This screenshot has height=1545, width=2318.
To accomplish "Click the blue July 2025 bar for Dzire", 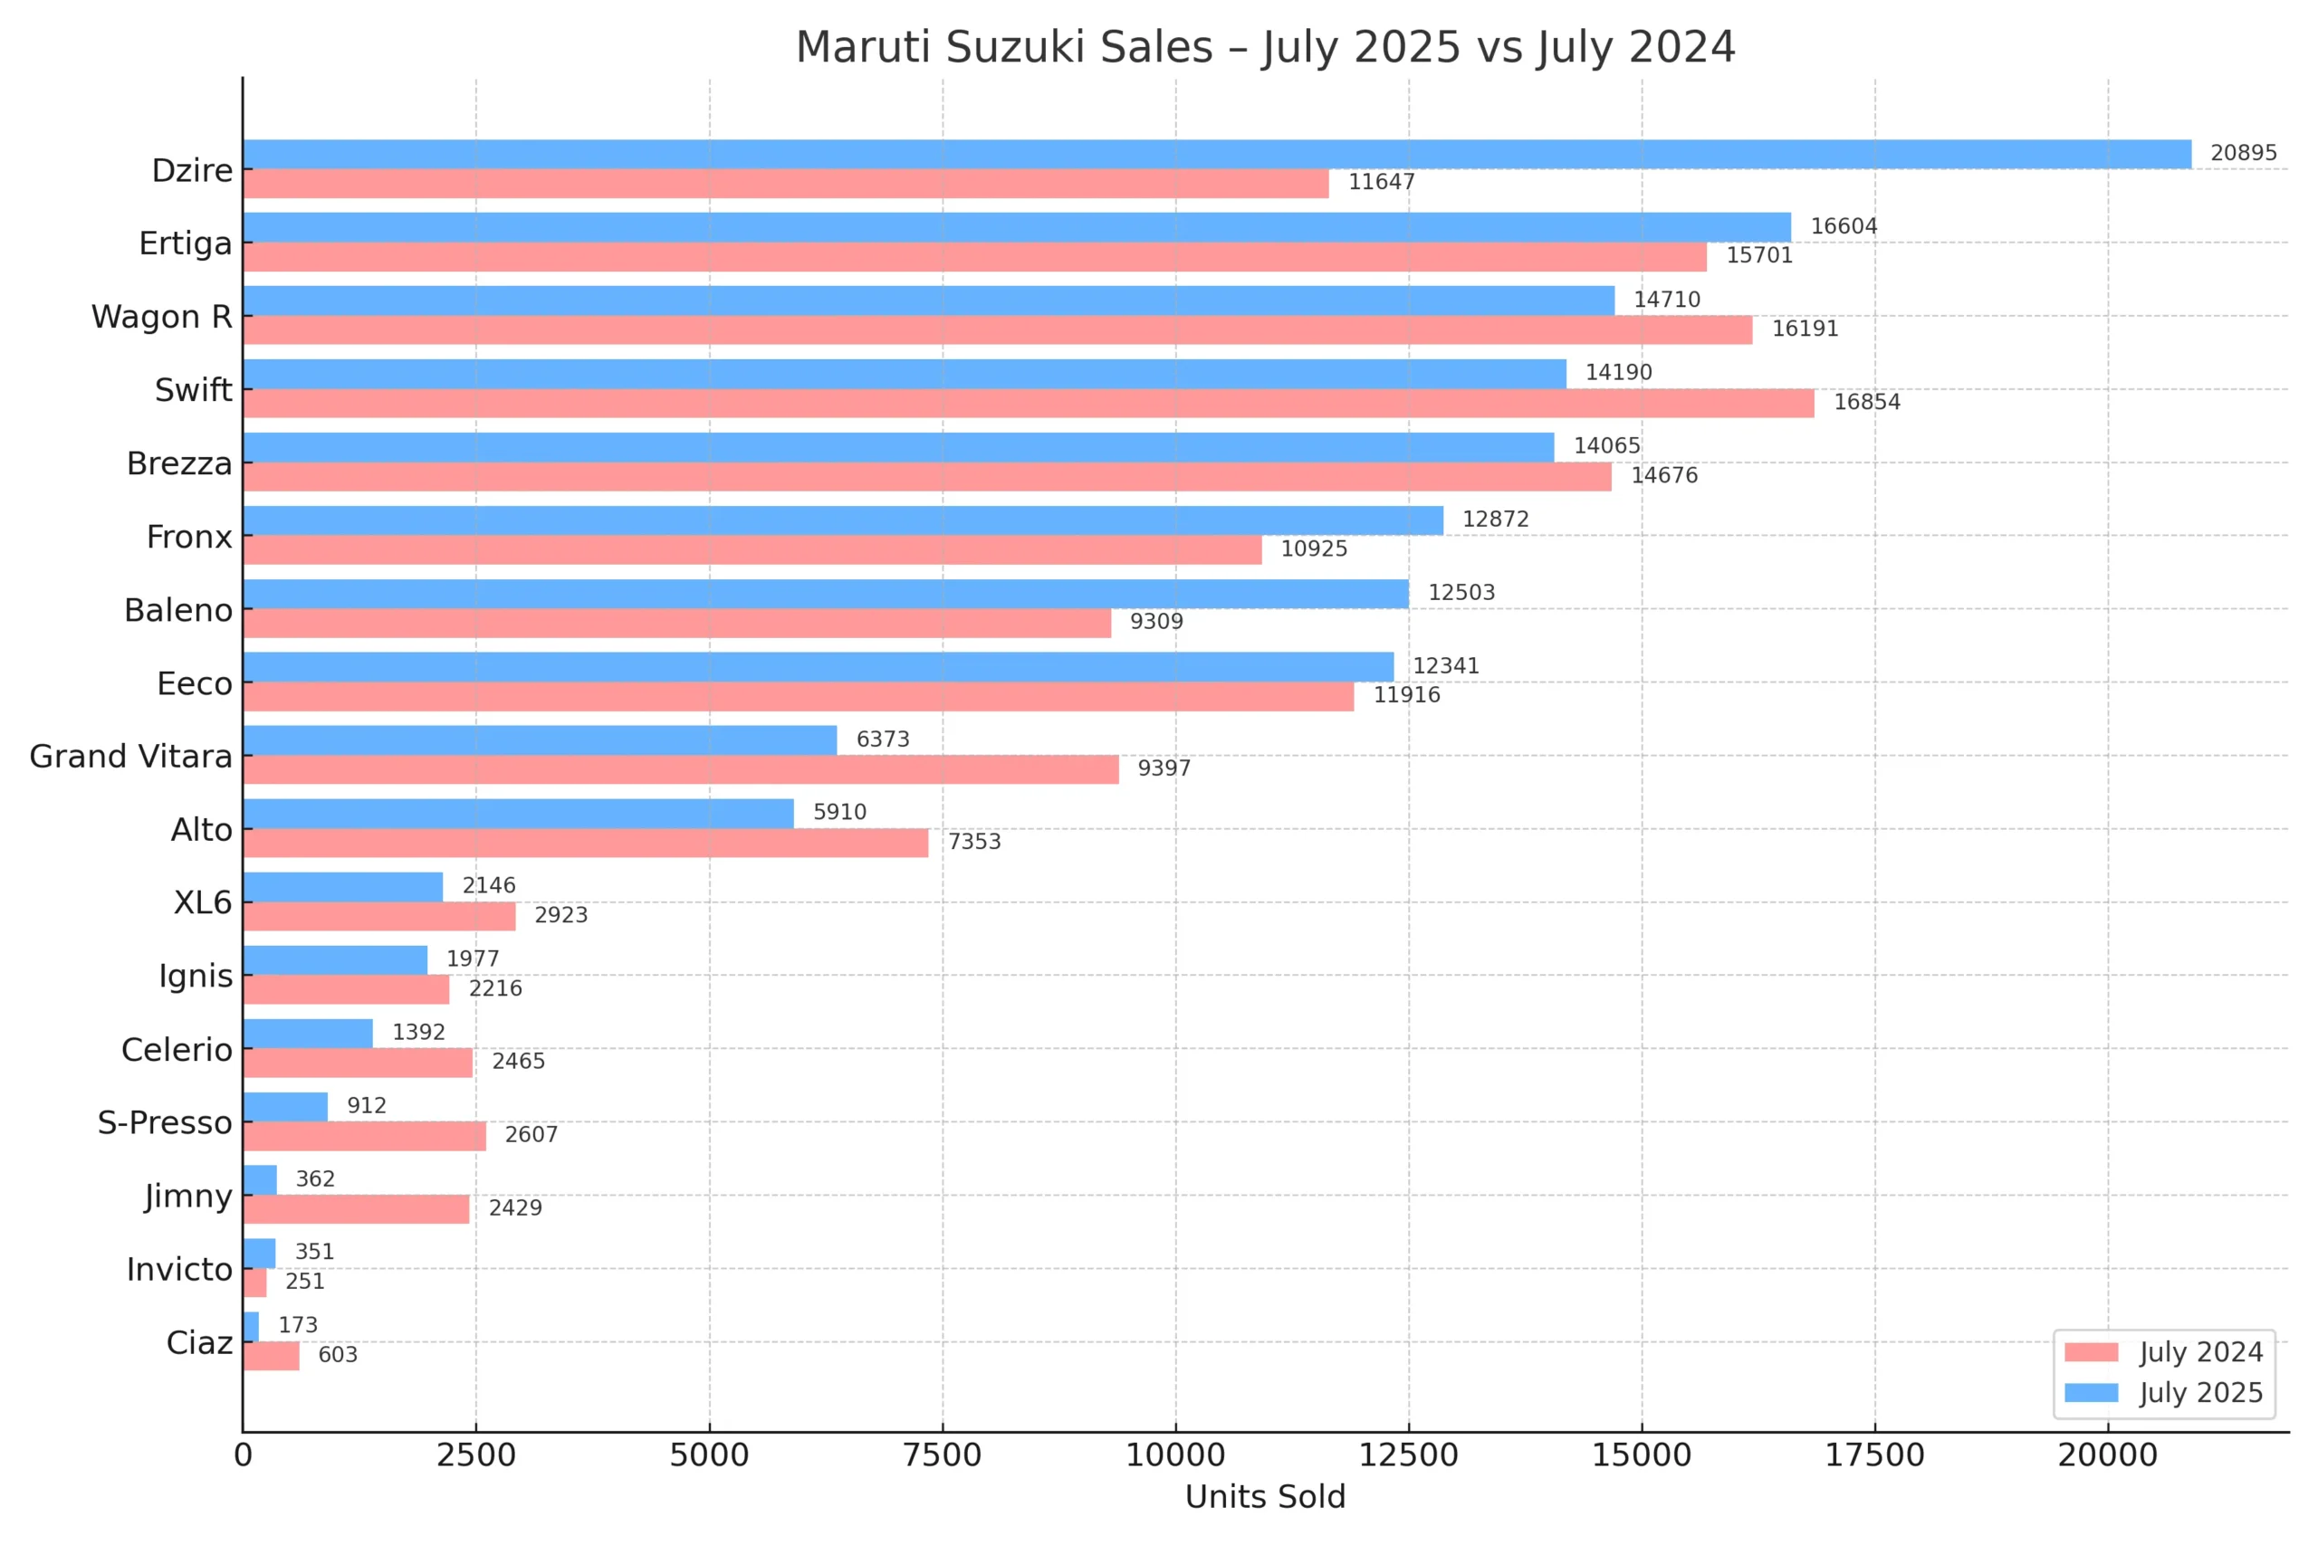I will point(1217,154).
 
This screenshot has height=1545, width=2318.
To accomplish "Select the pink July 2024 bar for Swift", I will point(1028,403).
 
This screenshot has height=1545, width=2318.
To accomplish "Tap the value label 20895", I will point(2243,154).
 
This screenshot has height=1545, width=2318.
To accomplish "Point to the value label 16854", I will point(1866,402).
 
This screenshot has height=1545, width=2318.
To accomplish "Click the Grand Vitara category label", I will point(131,756).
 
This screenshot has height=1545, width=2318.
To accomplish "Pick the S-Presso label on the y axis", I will point(165,1122).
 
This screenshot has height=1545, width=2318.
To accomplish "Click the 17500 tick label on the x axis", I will point(1874,1455).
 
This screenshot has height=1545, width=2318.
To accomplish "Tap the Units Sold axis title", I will point(1264,1497).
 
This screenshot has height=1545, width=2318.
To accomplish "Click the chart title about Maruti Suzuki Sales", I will point(1264,47).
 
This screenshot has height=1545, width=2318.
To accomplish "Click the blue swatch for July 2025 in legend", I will point(2092,1392).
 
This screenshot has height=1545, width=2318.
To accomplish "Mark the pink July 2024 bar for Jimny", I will point(356,1209).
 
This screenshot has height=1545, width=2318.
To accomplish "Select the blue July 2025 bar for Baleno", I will point(826,593).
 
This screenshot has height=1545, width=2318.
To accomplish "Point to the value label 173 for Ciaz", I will point(298,1325).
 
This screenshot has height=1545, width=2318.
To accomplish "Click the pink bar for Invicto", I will point(254,1283).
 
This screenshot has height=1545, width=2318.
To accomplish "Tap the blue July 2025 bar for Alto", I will point(519,813).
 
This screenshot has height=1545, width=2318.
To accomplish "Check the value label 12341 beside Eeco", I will point(1446,666).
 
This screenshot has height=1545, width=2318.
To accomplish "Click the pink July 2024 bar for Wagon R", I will point(997,330).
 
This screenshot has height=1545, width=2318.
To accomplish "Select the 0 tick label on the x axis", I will point(243,1455).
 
